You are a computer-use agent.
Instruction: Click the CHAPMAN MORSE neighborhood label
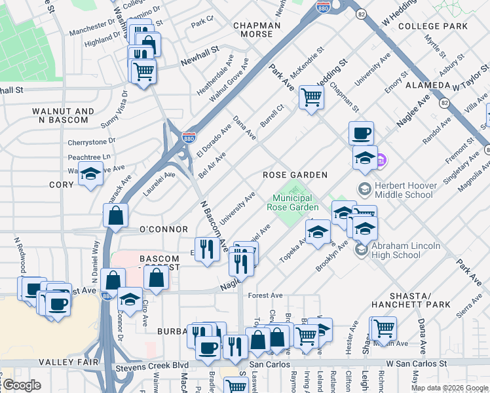click(x=257, y=30)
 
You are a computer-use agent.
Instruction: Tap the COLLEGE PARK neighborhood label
click(x=433, y=26)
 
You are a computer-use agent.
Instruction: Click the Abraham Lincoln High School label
click(x=406, y=250)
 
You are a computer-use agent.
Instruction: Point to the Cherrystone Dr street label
click(x=92, y=141)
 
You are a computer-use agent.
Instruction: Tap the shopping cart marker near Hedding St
click(x=311, y=98)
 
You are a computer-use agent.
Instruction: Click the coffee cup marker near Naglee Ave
click(x=361, y=134)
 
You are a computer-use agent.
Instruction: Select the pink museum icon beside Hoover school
click(x=382, y=159)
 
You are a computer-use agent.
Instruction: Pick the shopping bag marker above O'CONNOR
click(x=115, y=215)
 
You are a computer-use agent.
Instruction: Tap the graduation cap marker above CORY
click(x=91, y=175)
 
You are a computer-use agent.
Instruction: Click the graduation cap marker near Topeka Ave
click(x=318, y=232)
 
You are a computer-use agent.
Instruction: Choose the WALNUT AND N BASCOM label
click(x=60, y=116)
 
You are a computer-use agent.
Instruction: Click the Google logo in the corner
click(x=21, y=385)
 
